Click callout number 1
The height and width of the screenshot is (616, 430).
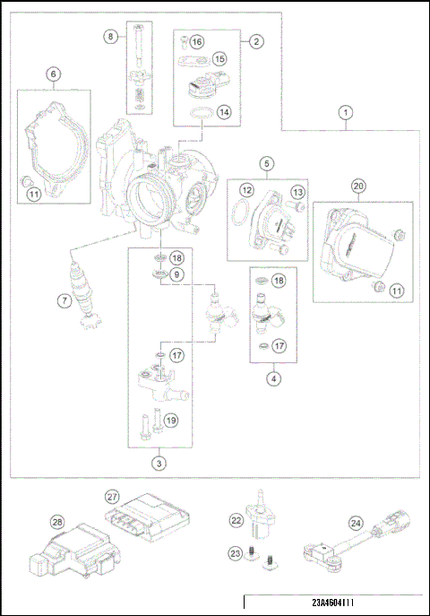346,113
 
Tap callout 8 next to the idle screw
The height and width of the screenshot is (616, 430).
111,37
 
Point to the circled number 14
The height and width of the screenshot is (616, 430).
224,113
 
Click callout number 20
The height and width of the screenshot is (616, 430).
358,186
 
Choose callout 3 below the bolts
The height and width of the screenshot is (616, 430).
158,464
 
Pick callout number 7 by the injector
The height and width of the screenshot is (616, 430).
64,301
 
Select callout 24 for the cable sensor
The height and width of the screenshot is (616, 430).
355,523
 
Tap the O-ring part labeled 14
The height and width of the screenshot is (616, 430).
202,114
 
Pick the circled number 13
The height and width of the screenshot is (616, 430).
297,193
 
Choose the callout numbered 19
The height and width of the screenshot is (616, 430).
171,418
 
